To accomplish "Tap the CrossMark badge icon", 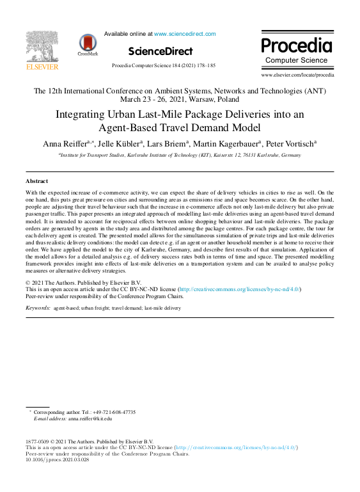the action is pos(88,45).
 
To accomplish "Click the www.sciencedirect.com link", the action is pos(185,34).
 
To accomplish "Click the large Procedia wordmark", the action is pos(297,45).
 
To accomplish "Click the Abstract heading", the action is pos(36,182).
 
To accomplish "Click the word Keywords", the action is pos(38,308).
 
